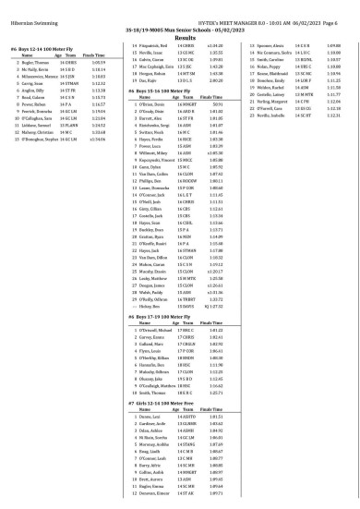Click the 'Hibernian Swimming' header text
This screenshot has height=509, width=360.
point(33,9)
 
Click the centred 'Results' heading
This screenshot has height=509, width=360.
point(181,31)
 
